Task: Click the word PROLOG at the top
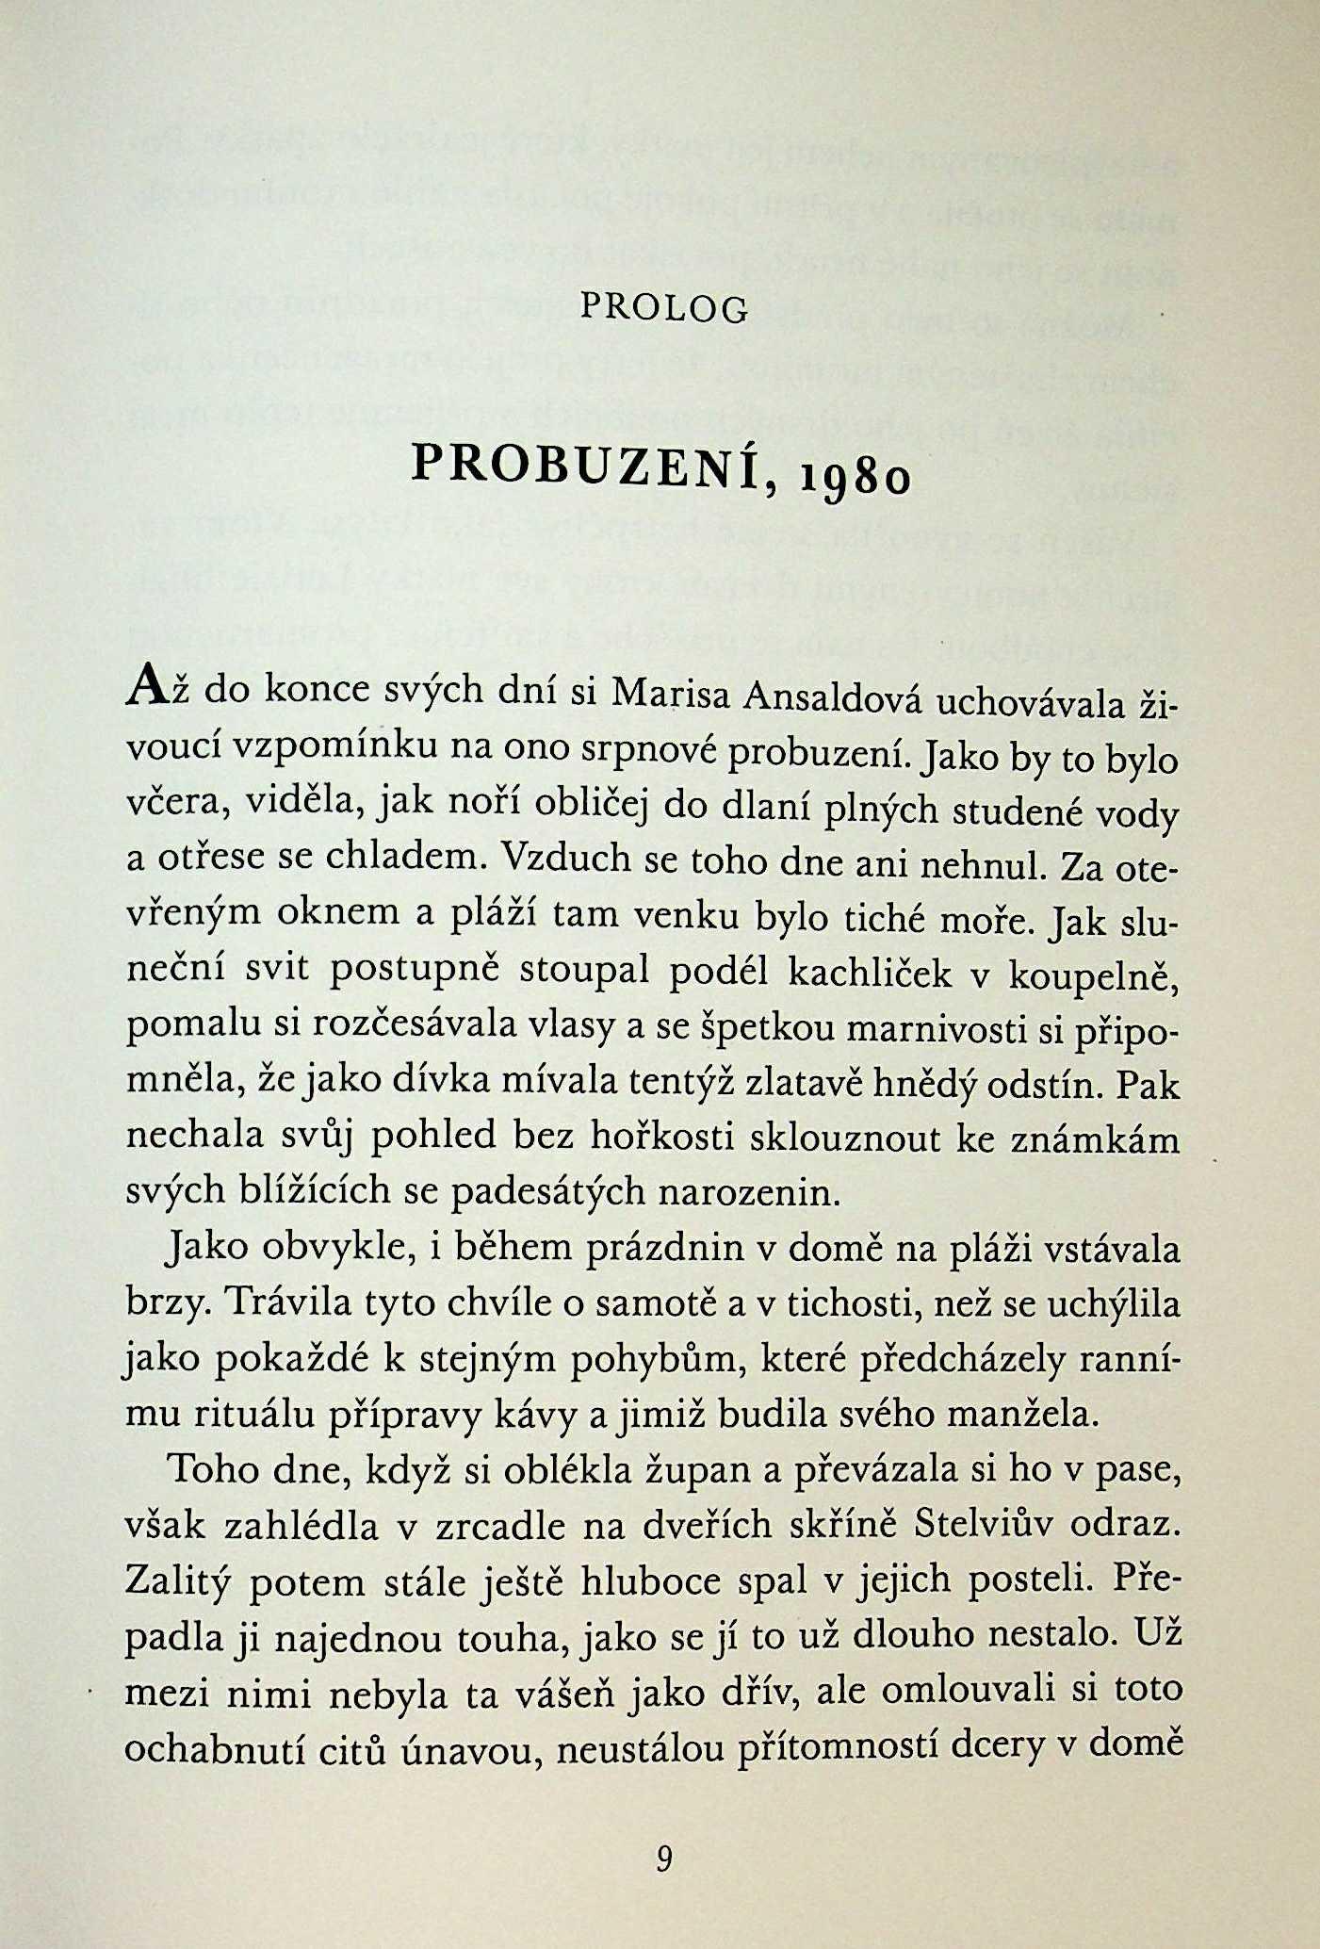pos(664,307)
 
